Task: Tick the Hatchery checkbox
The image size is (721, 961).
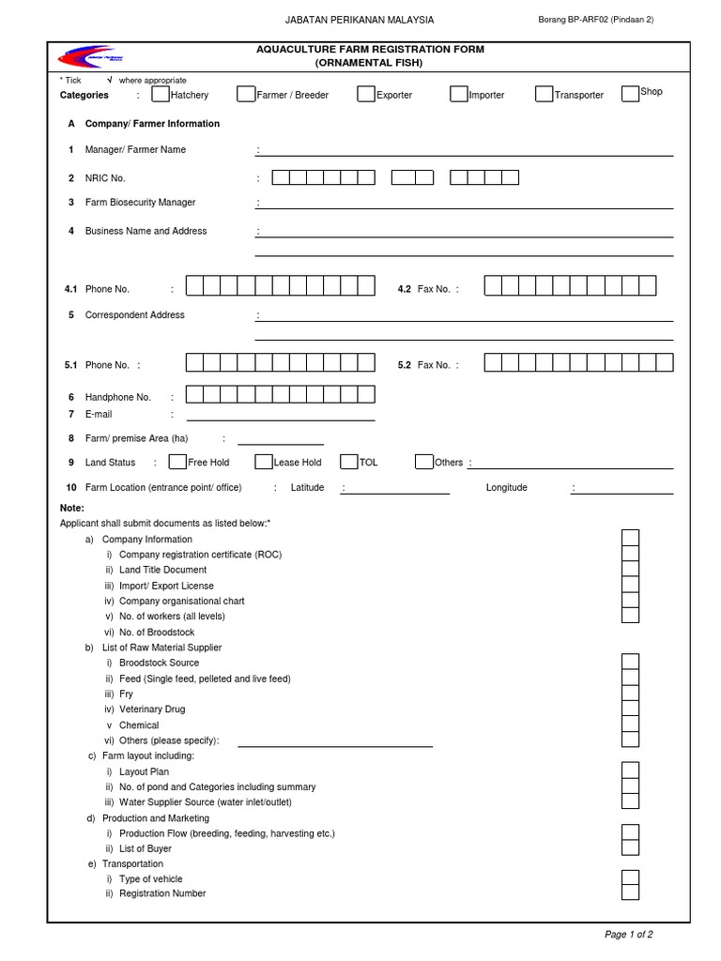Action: point(161,94)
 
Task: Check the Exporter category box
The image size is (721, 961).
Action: point(366,94)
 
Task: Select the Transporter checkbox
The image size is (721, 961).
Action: point(545,94)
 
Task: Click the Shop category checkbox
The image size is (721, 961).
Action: point(630,93)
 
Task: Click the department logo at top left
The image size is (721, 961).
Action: point(84,57)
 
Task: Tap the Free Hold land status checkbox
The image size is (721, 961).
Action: point(177,462)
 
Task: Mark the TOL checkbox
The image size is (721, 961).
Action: point(349,462)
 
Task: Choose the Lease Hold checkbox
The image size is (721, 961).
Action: point(264,462)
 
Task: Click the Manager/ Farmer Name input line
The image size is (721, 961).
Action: point(465,153)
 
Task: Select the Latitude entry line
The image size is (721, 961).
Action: point(395,491)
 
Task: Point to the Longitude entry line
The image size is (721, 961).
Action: point(622,491)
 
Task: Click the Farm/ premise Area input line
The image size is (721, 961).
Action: point(281,443)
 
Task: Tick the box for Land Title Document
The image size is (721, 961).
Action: point(630,569)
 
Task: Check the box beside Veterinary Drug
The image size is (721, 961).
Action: point(630,709)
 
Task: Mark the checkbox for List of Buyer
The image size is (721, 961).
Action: point(630,848)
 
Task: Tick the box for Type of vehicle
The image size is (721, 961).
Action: point(630,878)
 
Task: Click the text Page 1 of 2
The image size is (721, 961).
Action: point(629,935)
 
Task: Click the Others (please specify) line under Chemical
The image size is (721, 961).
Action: point(335,745)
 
